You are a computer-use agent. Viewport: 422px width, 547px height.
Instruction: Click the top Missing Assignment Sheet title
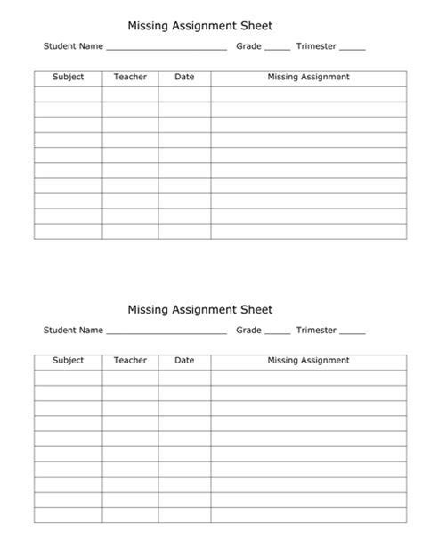tap(199, 27)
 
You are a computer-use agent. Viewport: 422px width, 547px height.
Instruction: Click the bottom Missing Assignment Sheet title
tap(199, 310)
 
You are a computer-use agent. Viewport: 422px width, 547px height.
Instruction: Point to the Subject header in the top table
tap(68, 78)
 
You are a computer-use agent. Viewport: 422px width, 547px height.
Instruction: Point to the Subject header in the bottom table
tap(68, 361)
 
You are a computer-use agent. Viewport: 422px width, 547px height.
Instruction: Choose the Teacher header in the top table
tap(130, 78)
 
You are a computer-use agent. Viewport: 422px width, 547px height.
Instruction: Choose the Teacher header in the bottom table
tap(130, 361)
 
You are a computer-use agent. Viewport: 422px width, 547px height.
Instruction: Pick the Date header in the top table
tap(184, 78)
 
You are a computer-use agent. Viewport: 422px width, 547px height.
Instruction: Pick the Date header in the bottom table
tap(184, 361)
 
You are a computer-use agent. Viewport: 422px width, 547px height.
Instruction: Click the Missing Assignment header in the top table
tap(308, 78)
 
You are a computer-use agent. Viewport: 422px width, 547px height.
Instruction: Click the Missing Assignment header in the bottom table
tap(308, 361)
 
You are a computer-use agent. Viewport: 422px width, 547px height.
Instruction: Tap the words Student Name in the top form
tap(73, 46)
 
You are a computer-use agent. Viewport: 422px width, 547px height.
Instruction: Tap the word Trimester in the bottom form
tap(316, 331)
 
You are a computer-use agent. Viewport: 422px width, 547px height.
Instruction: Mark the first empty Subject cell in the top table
tap(68, 94)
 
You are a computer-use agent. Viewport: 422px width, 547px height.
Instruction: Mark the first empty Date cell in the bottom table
tap(184, 377)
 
